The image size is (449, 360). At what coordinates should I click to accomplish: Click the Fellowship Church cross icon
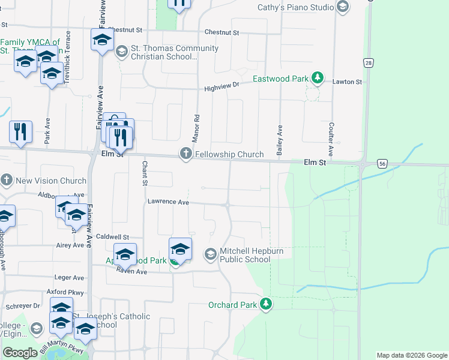coord(185,154)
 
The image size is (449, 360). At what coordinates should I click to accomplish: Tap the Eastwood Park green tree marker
coord(318,79)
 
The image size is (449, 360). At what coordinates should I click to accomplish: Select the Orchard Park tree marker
coord(266,305)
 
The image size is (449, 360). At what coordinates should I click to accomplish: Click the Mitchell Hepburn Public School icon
coord(210,254)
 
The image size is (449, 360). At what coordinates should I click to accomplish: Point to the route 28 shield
coord(368,63)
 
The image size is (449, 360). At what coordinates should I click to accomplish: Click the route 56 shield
coord(382,163)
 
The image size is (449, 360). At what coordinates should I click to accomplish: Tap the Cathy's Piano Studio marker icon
coord(343,7)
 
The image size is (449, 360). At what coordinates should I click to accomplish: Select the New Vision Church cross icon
coord(7,180)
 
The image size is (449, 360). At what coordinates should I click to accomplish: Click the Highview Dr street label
coord(221,86)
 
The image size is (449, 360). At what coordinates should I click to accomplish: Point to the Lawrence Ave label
coord(169,203)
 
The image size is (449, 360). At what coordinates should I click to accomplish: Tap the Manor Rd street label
coord(195,128)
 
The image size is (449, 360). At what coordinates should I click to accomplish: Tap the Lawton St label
coord(348,82)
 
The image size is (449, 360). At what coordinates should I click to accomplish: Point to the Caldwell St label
coord(113,237)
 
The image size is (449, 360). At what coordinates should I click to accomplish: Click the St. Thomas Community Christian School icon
coord(122,52)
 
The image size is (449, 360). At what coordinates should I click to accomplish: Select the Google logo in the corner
coord(20,353)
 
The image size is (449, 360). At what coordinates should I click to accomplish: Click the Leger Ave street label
coord(70,278)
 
